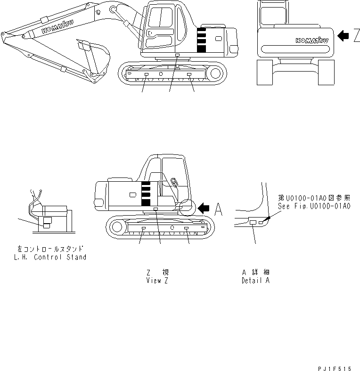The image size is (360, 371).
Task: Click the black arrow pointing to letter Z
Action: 344,35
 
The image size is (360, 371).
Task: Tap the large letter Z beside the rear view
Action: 356,35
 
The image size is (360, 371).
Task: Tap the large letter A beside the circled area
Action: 219,210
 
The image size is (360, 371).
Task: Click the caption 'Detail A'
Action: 255,280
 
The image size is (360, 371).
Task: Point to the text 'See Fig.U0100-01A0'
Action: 315,206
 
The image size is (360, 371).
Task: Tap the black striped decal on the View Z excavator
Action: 146,193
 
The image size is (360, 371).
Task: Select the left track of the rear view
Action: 265,73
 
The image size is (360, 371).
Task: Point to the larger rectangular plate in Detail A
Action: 253,222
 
